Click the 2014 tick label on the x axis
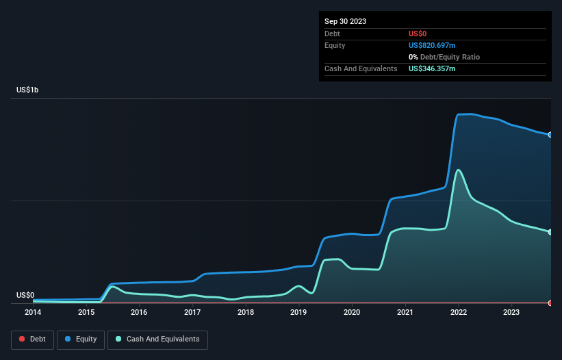tap(33, 312)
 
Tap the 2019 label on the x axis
tap(298, 312)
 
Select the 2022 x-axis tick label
tap(459, 312)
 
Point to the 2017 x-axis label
tap(192, 312)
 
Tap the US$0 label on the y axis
tap(25, 295)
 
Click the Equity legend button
tap(81, 339)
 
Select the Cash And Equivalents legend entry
tap(157, 339)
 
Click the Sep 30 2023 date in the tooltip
tap(345, 21)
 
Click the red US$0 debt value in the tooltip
tap(418, 34)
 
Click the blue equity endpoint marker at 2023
tap(550, 135)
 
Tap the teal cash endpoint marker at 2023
tap(550, 232)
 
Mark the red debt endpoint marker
tap(550, 303)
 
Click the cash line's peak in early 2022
tap(458, 170)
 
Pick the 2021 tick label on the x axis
tap(405, 312)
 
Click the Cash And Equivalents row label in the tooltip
tap(361, 68)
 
